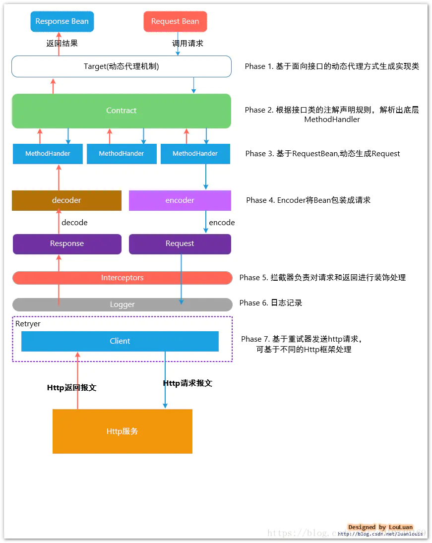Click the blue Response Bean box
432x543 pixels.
click(62, 21)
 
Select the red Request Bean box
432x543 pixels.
click(175, 21)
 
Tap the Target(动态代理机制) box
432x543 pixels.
click(122, 66)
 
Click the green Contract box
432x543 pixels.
click(122, 111)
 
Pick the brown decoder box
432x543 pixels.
click(66, 200)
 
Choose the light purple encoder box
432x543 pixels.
click(180, 200)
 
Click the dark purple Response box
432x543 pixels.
click(67, 243)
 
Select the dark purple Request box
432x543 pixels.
click(180, 243)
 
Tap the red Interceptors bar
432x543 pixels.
click(122, 278)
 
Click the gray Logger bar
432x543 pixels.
click(122, 304)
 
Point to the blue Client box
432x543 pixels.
click(120, 341)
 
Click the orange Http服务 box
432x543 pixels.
click(122, 431)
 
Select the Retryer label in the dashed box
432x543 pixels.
click(28, 324)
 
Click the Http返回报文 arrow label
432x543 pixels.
click(71, 388)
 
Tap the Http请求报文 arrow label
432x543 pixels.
click(187, 383)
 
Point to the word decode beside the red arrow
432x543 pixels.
click(74, 223)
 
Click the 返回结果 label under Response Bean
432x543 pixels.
click(62, 43)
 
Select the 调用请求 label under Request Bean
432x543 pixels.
click(187, 43)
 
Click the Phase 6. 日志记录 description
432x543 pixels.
click(271, 303)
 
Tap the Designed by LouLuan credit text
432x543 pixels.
click(380, 527)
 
